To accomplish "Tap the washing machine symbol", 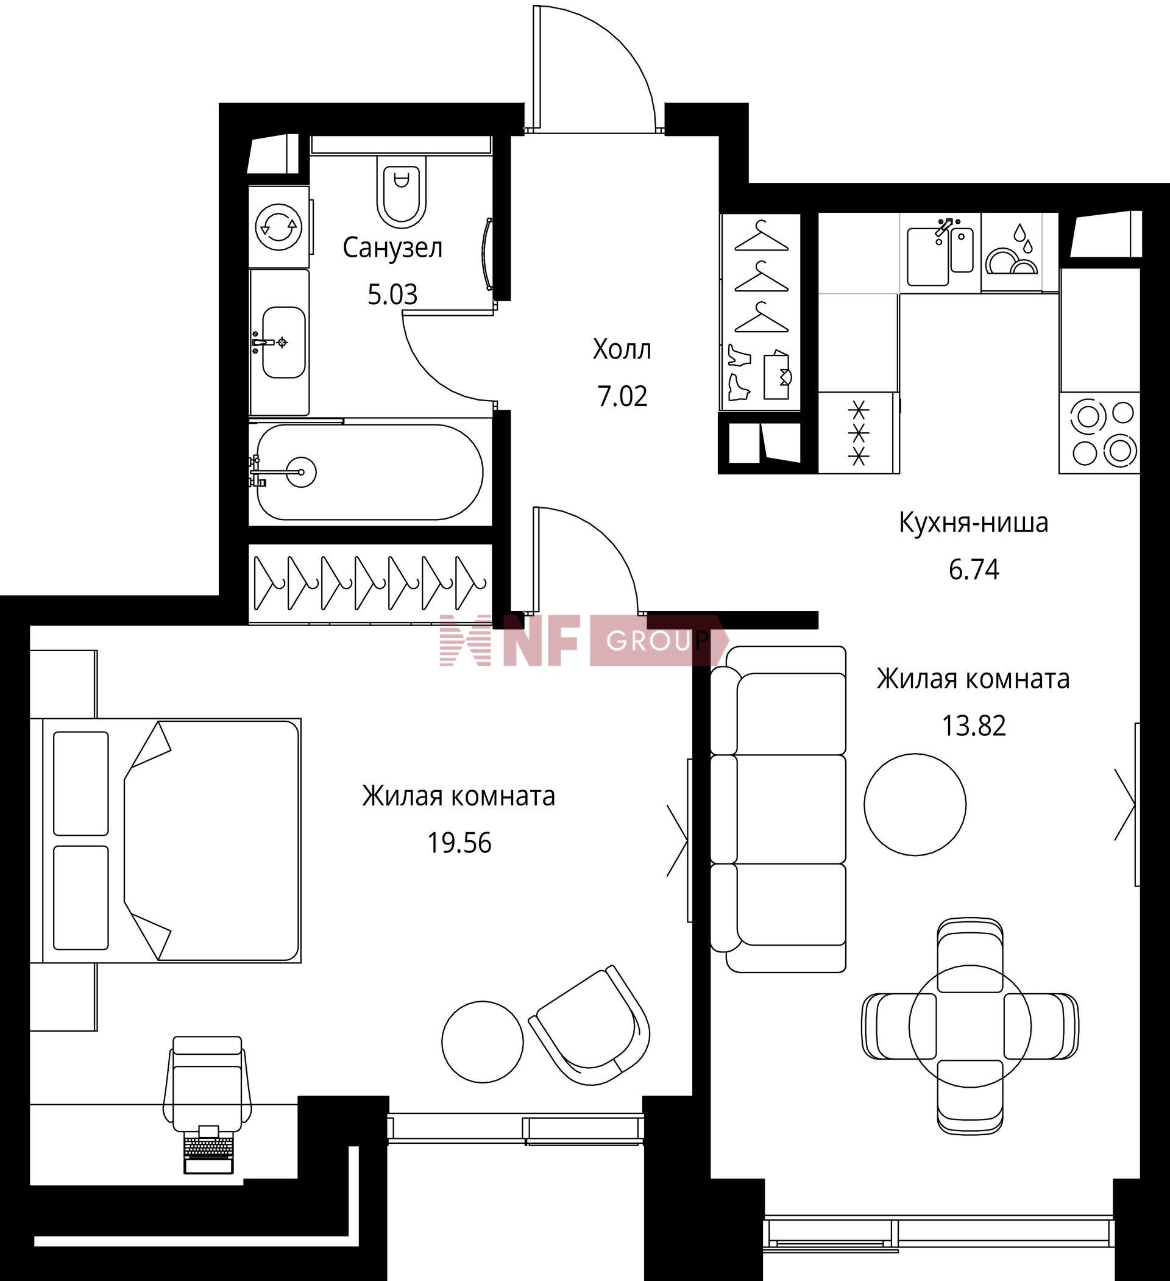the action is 279,226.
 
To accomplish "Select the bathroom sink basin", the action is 284,343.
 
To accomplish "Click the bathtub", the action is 370,472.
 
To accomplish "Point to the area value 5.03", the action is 392,295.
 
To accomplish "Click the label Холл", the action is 622,349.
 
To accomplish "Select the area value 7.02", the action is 622,396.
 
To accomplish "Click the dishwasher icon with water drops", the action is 1012,252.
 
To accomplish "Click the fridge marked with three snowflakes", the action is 859,432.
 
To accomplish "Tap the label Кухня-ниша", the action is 974,523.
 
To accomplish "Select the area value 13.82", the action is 974,726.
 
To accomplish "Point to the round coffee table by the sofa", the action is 915,804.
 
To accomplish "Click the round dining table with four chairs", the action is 970,1026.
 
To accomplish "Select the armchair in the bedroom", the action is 590,1027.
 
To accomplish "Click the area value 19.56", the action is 459,843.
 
